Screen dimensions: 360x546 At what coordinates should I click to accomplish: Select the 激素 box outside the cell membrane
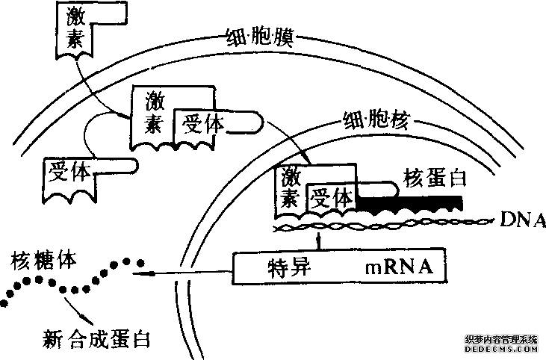click(75, 30)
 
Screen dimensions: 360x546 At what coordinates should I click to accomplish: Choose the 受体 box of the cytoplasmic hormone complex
click(201, 123)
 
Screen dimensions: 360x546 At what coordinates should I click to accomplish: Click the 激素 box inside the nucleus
click(291, 187)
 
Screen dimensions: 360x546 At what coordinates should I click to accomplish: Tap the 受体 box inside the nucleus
click(332, 197)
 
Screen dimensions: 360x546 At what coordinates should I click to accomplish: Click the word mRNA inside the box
click(396, 267)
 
